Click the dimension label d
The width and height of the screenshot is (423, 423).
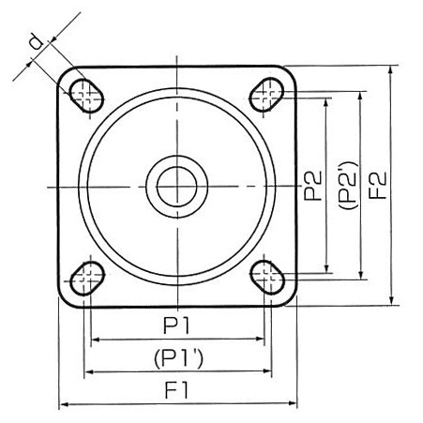click(38, 42)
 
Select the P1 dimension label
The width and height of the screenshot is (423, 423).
click(177, 325)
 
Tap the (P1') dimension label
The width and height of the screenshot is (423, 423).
click(178, 358)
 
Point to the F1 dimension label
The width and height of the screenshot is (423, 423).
click(176, 390)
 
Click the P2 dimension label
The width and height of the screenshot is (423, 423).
click(312, 186)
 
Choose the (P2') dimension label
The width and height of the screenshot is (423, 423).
click(348, 185)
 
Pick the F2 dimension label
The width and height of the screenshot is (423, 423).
click(378, 185)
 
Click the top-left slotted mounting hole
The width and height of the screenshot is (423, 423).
click(85, 95)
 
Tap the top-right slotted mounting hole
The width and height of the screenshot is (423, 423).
click(266, 95)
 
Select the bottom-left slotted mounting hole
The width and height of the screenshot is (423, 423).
click(87, 279)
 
